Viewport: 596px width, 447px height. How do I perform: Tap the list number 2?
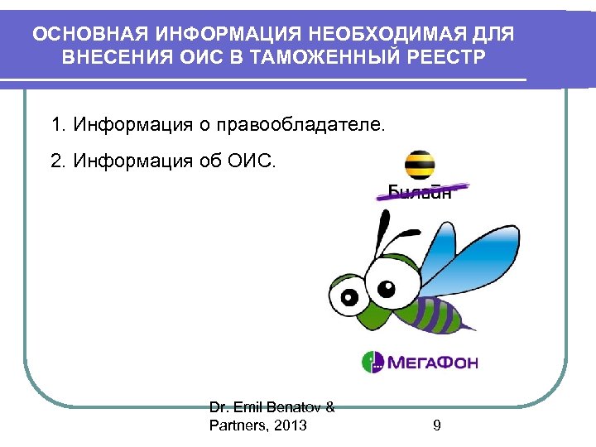[x=57, y=159]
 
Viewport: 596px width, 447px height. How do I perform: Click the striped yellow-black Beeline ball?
[x=420, y=163]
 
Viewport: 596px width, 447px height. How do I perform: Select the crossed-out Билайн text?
[x=421, y=193]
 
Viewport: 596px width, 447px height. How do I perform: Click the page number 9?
[x=436, y=425]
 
